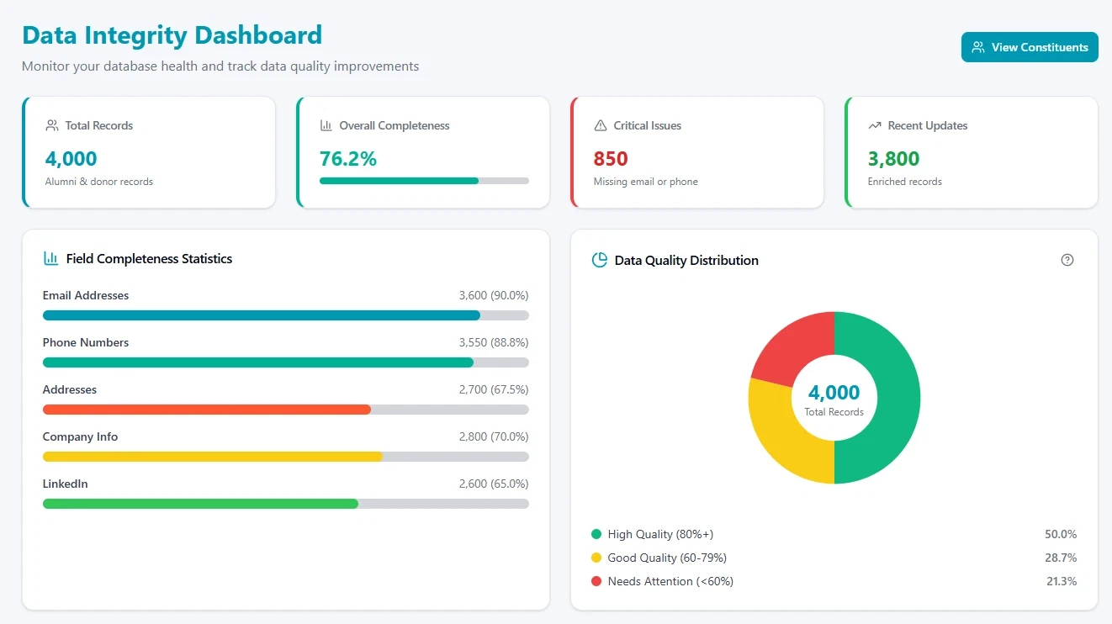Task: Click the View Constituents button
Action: [x=1030, y=47]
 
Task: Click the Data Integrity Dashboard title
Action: [x=172, y=35]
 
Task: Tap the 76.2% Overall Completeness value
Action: [x=347, y=158]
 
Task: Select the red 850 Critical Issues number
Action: [x=611, y=158]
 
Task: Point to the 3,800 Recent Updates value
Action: [x=893, y=158]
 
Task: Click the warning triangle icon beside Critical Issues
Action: [x=601, y=125]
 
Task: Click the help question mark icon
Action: [x=1067, y=260]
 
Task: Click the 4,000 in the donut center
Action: [x=834, y=393]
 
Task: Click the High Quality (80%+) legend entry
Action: [x=660, y=534]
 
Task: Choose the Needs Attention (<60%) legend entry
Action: [x=670, y=581]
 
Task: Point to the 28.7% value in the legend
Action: [x=1061, y=558]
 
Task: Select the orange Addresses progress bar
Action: [x=207, y=410]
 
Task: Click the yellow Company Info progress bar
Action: [x=212, y=457]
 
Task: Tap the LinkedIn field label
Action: [x=66, y=484]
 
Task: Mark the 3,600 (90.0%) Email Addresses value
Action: [x=493, y=295]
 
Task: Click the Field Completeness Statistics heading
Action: [x=149, y=259]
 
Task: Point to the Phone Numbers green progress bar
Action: [x=257, y=362]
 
